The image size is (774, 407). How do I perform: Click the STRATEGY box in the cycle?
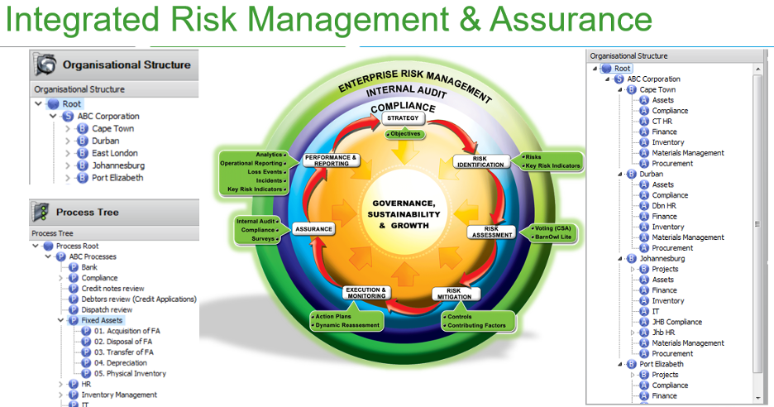pos(403,118)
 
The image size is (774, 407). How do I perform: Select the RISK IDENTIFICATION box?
pos(480,161)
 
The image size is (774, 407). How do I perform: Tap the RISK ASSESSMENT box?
pos(492,232)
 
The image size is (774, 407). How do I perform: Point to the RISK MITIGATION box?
pos(454,294)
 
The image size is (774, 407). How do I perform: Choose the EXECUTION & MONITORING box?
pos(366,293)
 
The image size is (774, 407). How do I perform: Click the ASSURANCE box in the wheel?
pos(313,229)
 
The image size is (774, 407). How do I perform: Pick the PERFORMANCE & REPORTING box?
pos(332,160)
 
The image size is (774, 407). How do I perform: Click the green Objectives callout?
pos(405,134)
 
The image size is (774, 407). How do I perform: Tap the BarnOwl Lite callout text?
pos(553,237)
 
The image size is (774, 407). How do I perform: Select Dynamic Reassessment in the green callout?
pos(347,325)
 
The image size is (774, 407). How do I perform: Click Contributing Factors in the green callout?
pos(476,326)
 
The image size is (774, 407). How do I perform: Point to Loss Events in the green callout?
pos(265,172)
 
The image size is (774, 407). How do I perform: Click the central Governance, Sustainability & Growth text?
pos(404,214)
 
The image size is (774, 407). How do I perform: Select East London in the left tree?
pos(114,153)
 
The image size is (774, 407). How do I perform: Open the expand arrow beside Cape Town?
pos(68,128)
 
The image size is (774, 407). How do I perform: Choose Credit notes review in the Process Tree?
pos(112,289)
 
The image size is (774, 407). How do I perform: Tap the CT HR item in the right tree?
pos(662,121)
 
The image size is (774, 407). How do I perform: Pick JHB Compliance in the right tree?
pos(676,322)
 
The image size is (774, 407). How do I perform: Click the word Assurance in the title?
pos(571,20)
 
